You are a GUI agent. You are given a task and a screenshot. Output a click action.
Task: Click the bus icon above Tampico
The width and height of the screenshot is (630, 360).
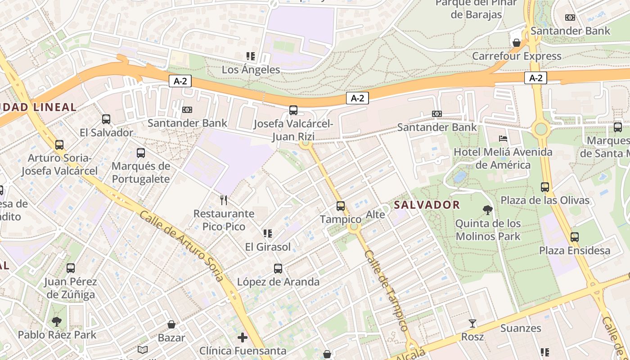click(341, 206)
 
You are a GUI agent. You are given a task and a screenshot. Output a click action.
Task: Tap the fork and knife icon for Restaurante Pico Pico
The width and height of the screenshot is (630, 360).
click(224, 200)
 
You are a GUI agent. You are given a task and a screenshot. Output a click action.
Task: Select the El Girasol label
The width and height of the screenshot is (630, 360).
click(268, 247)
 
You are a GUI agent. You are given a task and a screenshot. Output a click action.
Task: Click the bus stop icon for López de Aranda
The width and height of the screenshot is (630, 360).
click(278, 269)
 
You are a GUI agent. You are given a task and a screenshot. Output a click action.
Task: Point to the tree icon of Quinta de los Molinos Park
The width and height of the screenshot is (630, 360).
click(487, 210)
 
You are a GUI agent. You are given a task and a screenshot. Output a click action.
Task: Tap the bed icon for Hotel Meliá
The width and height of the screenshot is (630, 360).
click(503, 138)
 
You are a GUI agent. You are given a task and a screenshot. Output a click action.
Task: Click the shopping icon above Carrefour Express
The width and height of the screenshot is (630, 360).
click(517, 43)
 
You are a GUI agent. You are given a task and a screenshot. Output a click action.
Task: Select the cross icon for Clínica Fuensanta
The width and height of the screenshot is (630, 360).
click(243, 337)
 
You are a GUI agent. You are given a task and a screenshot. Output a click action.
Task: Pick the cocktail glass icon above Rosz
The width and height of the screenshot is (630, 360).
click(472, 323)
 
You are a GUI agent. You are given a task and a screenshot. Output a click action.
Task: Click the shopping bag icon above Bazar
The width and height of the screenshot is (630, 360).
click(171, 324)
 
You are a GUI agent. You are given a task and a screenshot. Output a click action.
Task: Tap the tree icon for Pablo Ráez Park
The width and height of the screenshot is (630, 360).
click(57, 321)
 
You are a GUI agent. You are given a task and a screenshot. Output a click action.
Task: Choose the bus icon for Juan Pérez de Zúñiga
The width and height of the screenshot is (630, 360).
click(71, 268)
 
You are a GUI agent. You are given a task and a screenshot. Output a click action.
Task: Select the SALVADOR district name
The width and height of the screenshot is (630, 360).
click(427, 205)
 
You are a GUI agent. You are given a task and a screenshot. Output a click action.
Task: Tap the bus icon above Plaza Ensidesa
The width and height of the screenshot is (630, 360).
click(575, 237)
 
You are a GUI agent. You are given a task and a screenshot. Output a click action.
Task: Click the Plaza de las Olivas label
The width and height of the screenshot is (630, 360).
click(545, 200)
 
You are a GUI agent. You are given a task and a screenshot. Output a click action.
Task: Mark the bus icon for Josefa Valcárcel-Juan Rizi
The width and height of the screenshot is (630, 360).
click(293, 110)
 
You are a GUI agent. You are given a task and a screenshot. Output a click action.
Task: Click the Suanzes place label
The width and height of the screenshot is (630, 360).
click(521, 328)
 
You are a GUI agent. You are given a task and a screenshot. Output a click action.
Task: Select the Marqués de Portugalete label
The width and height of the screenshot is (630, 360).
click(141, 172)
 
